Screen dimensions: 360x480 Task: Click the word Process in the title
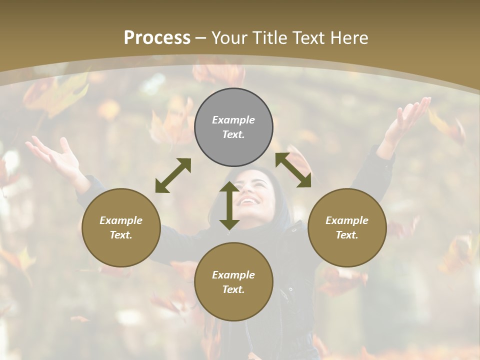[157, 38]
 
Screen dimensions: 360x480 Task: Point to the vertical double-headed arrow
[229, 205]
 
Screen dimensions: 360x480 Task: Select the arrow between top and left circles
[173, 175]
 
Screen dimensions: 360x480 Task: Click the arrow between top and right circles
[293, 170]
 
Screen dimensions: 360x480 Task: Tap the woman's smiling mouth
[249, 201]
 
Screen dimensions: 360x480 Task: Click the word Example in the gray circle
[233, 120]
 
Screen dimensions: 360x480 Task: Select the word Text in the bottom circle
[233, 289]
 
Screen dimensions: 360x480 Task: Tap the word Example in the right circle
[347, 220]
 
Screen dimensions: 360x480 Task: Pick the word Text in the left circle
[121, 235]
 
